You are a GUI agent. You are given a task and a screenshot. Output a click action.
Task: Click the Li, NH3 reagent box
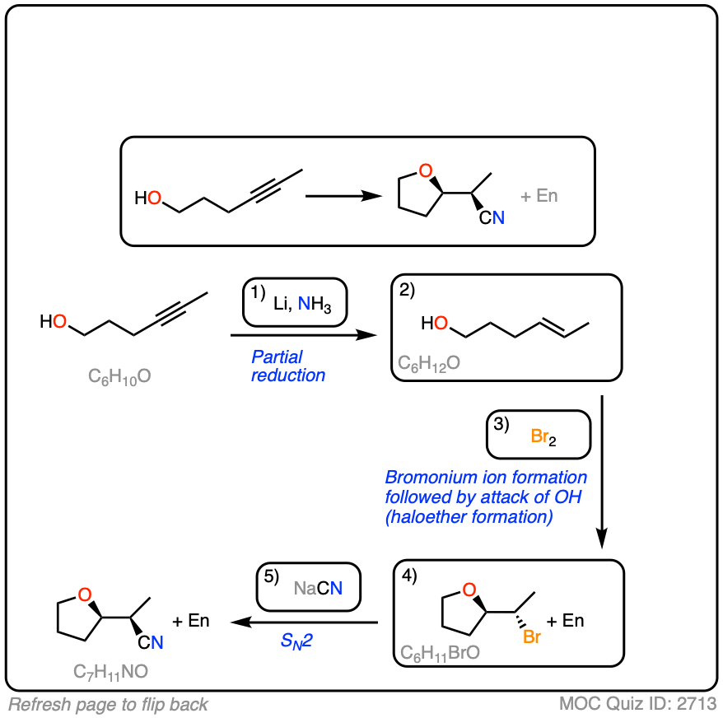click(294, 303)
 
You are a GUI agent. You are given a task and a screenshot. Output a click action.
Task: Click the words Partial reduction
click(288, 366)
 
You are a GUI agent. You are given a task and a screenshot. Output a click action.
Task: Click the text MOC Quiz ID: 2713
click(637, 704)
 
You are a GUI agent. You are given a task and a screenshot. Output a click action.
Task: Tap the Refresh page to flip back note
click(108, 704)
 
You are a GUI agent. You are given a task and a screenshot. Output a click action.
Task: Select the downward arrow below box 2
click(603, 469)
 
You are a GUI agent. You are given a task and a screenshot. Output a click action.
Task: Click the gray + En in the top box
click(539, 197)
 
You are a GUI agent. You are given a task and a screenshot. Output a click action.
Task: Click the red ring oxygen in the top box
click(425, 171)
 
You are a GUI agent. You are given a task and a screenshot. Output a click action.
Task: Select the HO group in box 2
click(434, 324)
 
